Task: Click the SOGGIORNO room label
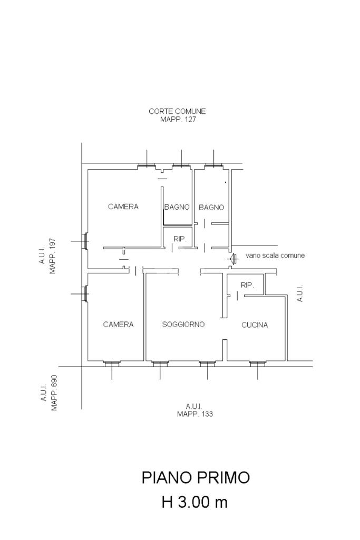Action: pos(183,325)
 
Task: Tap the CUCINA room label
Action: pos(255,325)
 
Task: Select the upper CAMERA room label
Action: pos(123,207)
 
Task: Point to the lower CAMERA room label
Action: pos(119,325)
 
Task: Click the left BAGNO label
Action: pos(177,207)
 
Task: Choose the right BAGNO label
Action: pos(211,208)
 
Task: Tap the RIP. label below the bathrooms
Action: pos(180,239)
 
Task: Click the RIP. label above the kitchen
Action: pos(247,285)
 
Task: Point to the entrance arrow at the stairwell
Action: pos(232,258)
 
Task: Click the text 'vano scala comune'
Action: pos(275,256)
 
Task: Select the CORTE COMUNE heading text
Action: pos(177,112)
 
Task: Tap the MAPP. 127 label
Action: pos(178,120)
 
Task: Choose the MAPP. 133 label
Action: pos(195,414)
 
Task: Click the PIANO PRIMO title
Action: pos(196,478)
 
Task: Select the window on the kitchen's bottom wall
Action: pos(257,363)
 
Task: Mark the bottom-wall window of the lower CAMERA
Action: pos(112,363)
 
